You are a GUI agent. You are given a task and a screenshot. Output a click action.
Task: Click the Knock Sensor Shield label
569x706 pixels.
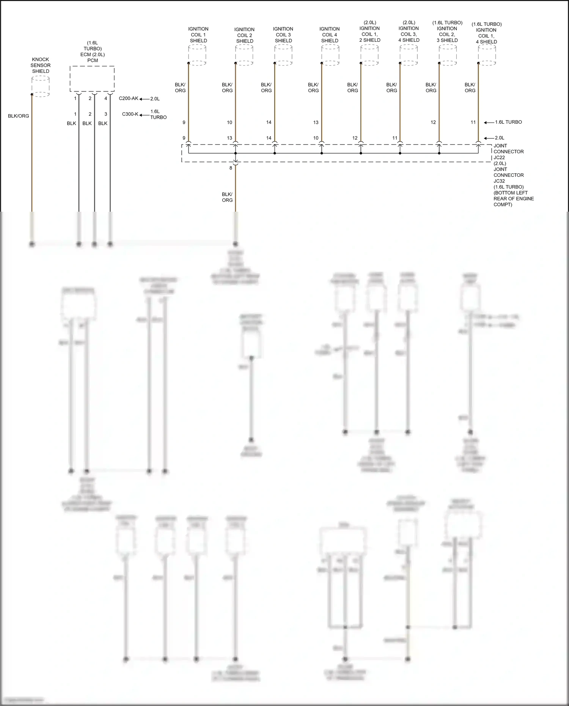tap(41, 65)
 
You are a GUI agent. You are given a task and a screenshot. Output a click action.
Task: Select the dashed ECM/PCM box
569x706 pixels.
tap(92, 79)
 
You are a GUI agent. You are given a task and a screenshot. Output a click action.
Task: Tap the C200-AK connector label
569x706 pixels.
tap(129, 99)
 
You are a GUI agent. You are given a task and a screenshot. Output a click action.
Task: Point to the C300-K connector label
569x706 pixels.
tap(130, 114)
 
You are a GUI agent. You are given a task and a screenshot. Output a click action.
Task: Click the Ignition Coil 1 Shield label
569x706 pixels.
tap(198, 35)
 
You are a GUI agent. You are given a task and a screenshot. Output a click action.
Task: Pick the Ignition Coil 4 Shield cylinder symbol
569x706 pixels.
tap(330, 55)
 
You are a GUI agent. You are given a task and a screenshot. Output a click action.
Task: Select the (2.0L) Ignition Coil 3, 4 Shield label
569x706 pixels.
tap(409, 31)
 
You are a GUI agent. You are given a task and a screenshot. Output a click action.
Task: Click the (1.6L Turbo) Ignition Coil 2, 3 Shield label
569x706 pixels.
tap(447, 31)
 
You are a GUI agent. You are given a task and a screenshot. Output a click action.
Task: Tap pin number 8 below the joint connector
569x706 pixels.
tap(231, 168)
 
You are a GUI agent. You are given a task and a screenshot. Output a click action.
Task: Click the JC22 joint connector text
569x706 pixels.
tap(499, 157)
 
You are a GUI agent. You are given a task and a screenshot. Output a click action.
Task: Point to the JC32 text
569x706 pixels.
tap(499, 181)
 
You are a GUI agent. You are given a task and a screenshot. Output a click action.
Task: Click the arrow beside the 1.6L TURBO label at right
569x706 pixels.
tap(489, 123)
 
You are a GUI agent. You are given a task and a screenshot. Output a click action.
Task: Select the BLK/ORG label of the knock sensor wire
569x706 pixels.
tap(19, 116)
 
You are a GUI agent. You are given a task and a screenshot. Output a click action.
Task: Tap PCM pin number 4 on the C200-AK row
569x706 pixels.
tap(106, 99)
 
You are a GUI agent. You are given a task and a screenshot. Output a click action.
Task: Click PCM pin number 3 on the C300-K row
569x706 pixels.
tap(106, 114)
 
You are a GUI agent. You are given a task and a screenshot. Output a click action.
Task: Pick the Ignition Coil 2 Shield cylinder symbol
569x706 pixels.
tap(244, 55)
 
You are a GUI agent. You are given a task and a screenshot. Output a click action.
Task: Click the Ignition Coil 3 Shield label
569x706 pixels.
tap(283, 35)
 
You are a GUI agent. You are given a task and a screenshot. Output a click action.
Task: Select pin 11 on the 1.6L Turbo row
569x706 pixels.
tap(473, 123)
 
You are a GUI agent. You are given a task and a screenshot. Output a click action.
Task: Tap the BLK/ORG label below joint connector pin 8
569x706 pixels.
tap(227, 197)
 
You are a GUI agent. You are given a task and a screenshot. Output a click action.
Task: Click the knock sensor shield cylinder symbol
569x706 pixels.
tap(40, 86)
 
